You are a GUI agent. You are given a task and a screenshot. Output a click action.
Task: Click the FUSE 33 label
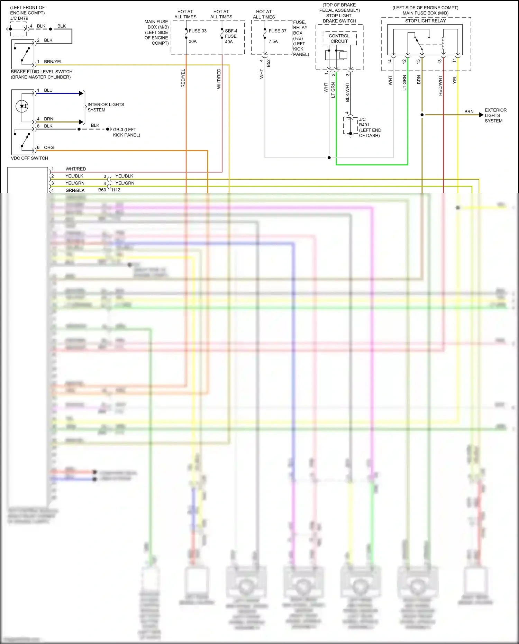click(x=197, y=31)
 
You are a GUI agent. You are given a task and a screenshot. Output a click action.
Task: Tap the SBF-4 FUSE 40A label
click(x=231, y=36)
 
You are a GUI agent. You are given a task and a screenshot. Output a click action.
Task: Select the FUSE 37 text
click(x=277, y=31)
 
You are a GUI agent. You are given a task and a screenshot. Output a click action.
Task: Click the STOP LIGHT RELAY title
click(x=425, y=21)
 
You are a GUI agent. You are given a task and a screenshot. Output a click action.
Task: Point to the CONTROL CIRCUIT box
click(x=339, y=38)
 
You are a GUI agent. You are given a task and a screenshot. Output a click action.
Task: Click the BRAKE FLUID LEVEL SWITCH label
click(x=42, y=72)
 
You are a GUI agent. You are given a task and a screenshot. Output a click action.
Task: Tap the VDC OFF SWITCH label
click(x=29, y=158)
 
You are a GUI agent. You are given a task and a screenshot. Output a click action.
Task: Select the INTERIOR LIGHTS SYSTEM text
click(x=106, y=107)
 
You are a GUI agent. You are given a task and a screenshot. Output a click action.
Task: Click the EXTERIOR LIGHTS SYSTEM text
click(x=495, y=115)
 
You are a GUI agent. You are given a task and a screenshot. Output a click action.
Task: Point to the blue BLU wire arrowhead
click(x=82, y=93)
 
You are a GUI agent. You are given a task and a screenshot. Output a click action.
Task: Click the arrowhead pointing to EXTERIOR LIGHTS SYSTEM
click(x=481, y=115)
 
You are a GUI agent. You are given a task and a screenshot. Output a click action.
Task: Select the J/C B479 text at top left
click(x=19, y=18)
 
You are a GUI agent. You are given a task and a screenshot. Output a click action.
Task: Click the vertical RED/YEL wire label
click(x=183, y=78)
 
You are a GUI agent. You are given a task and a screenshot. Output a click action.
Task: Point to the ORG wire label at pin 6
click(x=49, y=147)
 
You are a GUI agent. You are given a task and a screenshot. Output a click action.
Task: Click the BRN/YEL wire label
click(x=53, y=62)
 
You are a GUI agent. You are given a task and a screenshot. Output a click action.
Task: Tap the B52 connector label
click(x=268, y=63)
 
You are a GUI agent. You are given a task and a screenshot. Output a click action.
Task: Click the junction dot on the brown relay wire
click(x=422, y=115)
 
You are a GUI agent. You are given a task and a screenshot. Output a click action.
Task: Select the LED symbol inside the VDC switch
click(x=22, y=106)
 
